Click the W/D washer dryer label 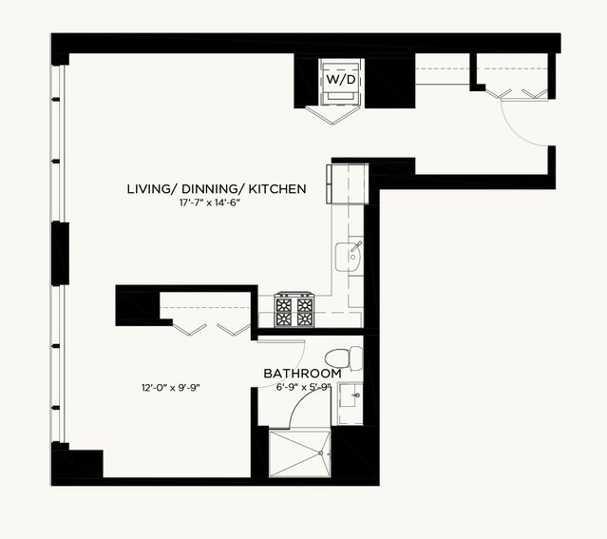pos(341,80)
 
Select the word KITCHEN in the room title pos(277,189)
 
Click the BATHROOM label pos(302,374)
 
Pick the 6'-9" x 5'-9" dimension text pos(304,387)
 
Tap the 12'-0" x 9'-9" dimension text pos(171,388)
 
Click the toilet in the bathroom pos(343,358)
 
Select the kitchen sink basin pos(348,257)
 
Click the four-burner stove pos(294,310)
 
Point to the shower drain pos(320,452)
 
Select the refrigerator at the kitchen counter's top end pos(348,183)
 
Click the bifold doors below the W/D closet pos(332,115)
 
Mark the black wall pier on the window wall pos(61,254)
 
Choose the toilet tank pos(356,358)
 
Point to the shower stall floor pos(299,453)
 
